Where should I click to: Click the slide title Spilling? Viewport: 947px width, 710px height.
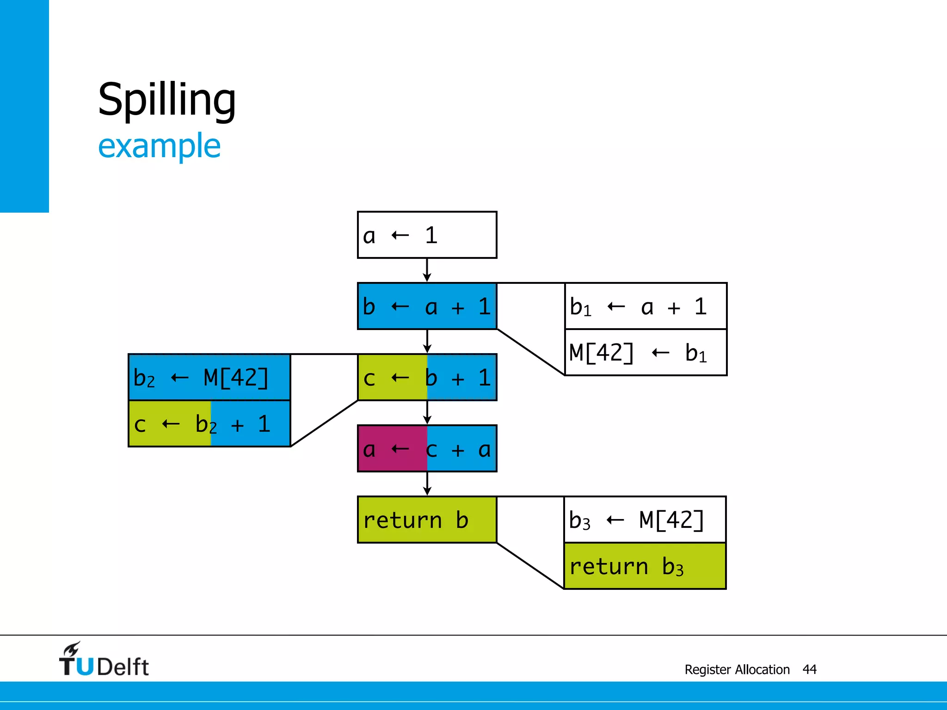click(x=167, y=100)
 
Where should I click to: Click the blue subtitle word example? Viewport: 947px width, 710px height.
click(x=159, y=146)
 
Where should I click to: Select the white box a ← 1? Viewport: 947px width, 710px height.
click(x=427, y=235)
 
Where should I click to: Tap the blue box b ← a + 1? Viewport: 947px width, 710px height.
click(x=427, y=306)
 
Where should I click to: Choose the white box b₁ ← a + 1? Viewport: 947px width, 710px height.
click(x=646, y=306)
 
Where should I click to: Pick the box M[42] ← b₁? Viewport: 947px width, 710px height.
click(x=646, y=353)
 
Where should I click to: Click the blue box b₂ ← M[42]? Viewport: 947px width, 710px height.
click(x=209, y=378)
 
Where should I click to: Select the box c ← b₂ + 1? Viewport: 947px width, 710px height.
click(x=209, y=424)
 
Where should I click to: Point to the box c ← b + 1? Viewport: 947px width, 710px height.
click(x=427, y=378)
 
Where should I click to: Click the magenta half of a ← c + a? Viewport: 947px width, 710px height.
click(x=392, y=449)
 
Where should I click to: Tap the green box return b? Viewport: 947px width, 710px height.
click(x=427, y=520)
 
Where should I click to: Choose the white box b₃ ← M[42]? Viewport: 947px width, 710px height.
click(x=645, y=520)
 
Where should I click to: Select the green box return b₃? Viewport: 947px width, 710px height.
click(x=645, y=566)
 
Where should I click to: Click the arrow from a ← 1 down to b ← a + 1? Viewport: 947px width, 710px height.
click(x=427, y=270)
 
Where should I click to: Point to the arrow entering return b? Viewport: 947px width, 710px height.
click(x=427, y=484)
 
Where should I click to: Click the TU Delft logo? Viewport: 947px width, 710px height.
click(x=104, y=660)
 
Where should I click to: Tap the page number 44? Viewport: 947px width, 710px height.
click(x=809, y=669)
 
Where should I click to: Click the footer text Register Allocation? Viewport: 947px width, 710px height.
click(x=737, y=669)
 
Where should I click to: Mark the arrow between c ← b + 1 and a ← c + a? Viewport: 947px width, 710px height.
click(x=427, y=413)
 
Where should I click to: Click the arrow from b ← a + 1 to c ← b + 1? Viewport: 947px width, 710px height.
click(x=427, y=342)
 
